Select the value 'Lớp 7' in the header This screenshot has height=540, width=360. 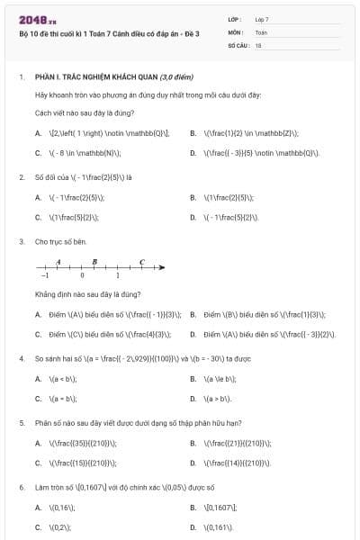tap(262, 19)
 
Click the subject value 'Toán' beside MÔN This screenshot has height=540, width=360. tap(261, 31)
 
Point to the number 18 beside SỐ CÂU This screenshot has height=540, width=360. tap(258, 44)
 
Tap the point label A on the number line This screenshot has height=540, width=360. tap(58, 262)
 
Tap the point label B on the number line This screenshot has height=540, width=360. tap(94, 262)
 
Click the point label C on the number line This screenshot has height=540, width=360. tap(141, 262)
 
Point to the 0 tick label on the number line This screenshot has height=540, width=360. tap(82, 276)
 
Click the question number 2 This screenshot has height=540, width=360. tap(21, 177)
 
